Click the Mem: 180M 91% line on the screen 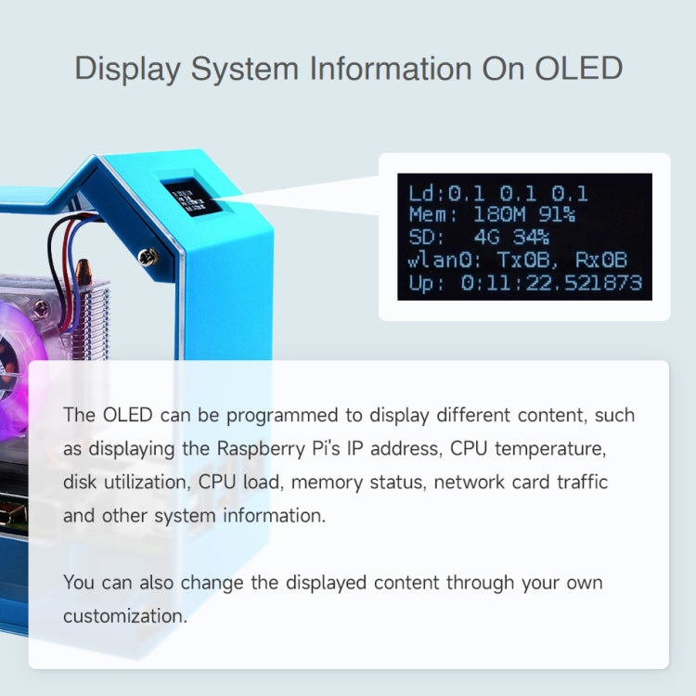coord(492,215)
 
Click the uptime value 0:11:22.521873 coord(551,282)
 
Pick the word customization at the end coord(125,615)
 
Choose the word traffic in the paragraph coord(605,482)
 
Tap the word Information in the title coord(420,69)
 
